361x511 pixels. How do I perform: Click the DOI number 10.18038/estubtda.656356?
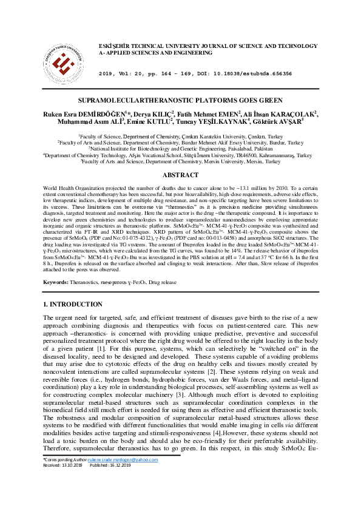[x=256, y=73]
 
